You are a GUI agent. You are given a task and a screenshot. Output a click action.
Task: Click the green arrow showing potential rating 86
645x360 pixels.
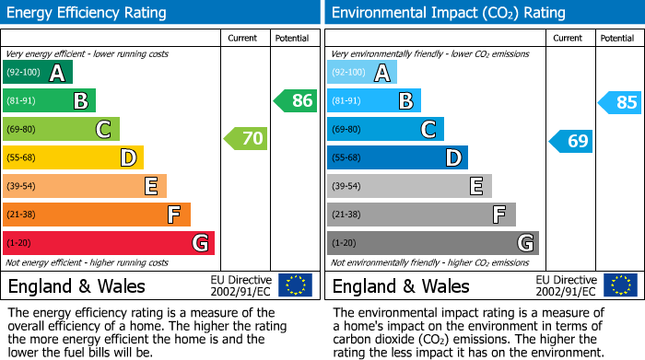point(296,101)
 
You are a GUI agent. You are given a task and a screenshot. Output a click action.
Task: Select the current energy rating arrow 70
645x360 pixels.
point(246,139)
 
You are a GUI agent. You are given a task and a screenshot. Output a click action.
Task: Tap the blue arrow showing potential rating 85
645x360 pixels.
point(620,102)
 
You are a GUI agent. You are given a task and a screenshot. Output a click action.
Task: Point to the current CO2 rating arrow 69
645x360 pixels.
point(570,141)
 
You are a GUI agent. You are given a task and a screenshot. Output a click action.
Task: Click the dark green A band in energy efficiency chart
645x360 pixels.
point(38,73)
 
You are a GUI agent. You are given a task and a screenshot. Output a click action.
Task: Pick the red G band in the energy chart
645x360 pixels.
point(109,243)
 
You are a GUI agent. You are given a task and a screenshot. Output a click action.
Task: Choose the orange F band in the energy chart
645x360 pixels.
point(97,215)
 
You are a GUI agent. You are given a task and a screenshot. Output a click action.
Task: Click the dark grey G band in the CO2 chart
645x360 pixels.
point(433,243)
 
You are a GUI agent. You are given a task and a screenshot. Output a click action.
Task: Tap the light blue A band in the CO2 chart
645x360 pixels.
point(362,73)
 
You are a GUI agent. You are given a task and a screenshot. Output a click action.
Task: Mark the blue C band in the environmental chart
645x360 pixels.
point(385,129)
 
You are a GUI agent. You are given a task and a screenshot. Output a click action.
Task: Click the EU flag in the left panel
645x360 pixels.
point(295,285)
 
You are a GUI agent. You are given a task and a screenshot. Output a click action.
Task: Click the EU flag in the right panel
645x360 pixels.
point(619,285)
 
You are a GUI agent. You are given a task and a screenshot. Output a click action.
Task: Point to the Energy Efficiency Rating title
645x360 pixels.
point(88,13)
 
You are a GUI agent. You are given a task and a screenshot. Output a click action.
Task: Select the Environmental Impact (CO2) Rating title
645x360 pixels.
point(448,13)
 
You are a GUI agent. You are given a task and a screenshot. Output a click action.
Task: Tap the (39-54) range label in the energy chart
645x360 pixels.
point(21,187)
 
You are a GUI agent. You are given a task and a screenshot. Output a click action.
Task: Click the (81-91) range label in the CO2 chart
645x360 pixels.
point(346,101)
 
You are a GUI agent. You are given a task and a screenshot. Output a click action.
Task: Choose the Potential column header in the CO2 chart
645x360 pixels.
point(617,38)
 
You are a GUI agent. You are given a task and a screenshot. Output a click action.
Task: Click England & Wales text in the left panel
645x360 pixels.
point(76,285)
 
